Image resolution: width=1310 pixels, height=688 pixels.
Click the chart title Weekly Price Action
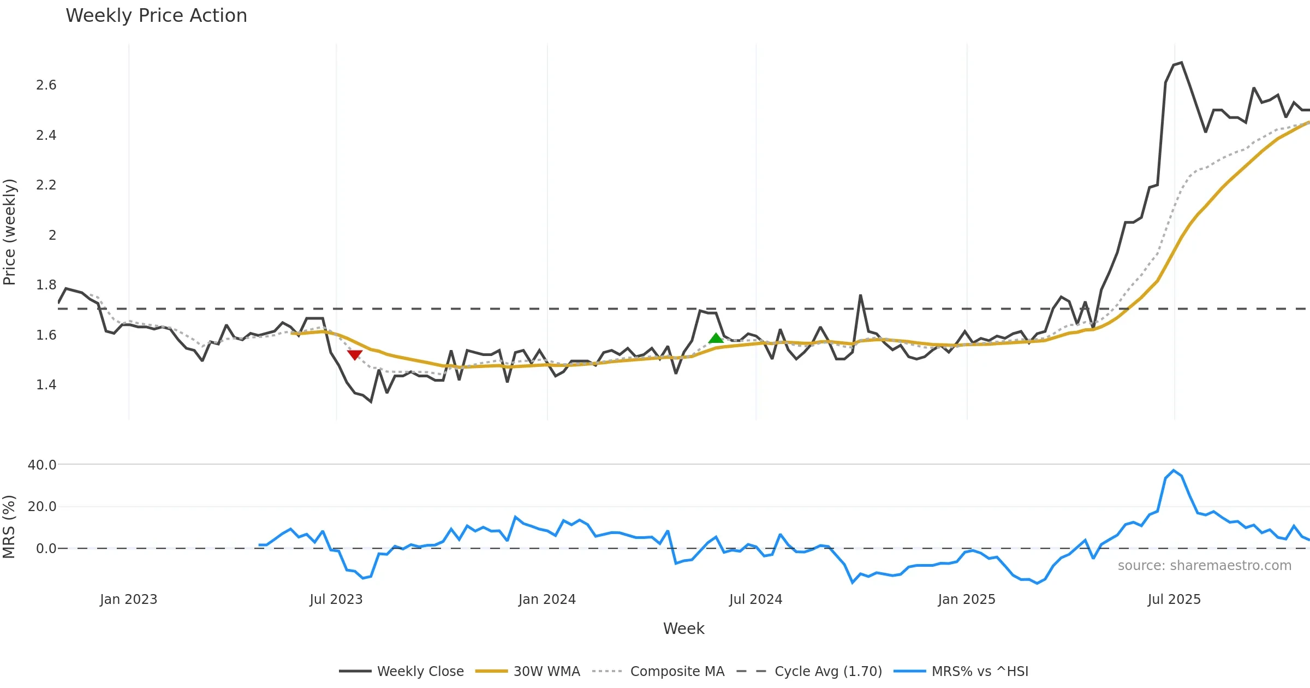(156, 16)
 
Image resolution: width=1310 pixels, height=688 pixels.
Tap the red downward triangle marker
(355, 355)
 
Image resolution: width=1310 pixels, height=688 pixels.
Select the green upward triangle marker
(716, 339)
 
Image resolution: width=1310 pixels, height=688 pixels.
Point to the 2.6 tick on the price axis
(46, 85)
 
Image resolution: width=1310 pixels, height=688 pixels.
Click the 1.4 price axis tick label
(46, 385)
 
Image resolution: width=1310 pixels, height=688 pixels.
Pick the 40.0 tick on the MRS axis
(42, 465)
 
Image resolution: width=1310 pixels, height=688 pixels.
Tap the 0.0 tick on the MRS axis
(46, 549)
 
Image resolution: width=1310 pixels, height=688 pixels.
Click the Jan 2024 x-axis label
(547, 600)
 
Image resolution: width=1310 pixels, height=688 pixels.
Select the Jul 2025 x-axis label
(1174, 600)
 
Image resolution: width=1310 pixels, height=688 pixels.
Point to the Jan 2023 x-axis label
(128, 600)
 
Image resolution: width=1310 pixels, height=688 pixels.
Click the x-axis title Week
(683, 629)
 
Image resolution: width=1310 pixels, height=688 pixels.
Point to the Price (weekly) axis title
(9, 232)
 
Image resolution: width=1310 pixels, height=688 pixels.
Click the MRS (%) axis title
(9, 526)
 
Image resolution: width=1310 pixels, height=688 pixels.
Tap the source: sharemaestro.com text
(1204, 566)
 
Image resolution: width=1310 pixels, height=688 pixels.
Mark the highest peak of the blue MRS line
(1174, 470)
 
